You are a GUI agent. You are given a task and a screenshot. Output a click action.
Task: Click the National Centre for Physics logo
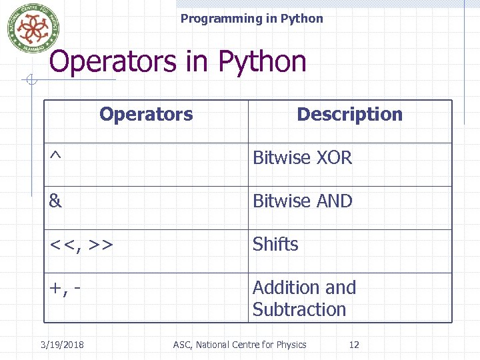[28, 27]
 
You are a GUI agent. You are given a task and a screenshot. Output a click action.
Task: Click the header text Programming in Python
[251, 19]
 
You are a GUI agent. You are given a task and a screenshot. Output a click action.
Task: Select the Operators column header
[146, 114]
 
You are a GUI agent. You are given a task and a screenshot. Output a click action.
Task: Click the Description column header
[349, 114]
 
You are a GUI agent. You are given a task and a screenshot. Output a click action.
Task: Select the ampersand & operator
[55, 201]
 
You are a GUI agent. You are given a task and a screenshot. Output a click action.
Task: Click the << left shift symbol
[63, 245]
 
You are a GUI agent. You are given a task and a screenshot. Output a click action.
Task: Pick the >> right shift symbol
[99, 245]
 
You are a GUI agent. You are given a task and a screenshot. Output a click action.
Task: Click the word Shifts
[275, 245]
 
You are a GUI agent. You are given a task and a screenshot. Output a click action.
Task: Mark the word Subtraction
[299, 309]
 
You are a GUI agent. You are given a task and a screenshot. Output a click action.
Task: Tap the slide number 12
[354, 345]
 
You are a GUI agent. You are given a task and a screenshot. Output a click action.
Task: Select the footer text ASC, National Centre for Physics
[240, 345]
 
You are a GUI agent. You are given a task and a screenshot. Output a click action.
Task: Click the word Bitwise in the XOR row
[282, 158]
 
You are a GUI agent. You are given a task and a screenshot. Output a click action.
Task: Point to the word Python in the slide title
[263, 62]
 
